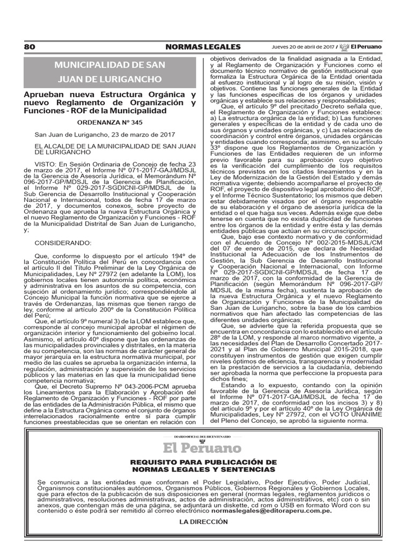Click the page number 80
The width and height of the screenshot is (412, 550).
coord(30,47)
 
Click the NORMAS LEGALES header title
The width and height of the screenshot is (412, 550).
coord(203,47)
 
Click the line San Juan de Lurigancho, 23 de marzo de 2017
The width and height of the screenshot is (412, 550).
coord(90,135)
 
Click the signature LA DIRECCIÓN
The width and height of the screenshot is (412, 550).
coord(206,523)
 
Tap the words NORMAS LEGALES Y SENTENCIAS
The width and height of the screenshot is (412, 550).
coord(207,470)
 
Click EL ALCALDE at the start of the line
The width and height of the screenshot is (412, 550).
coord(52,146)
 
